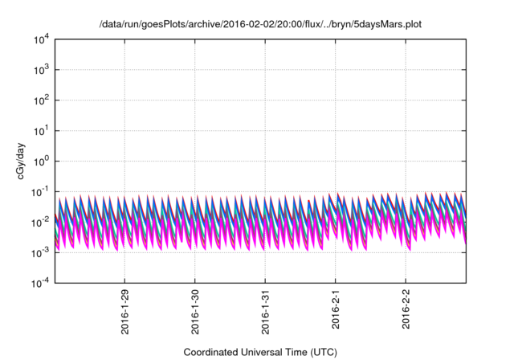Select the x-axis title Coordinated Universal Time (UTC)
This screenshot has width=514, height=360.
259,353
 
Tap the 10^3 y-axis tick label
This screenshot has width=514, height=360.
39,70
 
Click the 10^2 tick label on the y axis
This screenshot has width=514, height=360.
39,100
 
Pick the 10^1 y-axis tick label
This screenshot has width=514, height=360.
39,130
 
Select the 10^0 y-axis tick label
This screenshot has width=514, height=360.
39,161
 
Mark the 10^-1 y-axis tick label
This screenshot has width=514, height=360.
38,191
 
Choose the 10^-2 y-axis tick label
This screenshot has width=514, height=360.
38,222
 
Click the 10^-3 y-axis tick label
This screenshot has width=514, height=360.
38,252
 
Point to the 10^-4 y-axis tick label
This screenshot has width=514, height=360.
38,282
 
